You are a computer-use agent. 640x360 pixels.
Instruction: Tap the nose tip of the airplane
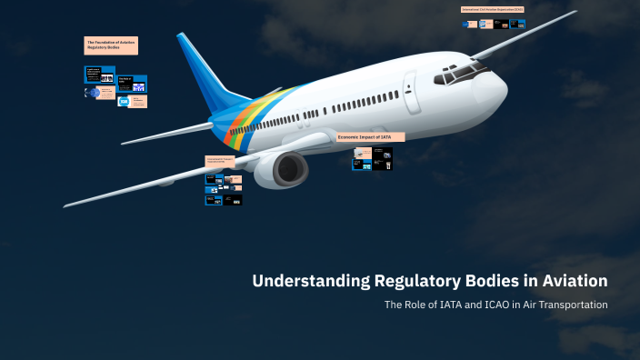coord(505,87)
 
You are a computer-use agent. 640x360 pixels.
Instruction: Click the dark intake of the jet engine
coord(291,169)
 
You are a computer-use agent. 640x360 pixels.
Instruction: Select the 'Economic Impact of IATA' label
coord(370,137)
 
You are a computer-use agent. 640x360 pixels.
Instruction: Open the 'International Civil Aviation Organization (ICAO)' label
coord(493,9)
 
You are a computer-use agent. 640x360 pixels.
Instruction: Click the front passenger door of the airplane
coord(413,92)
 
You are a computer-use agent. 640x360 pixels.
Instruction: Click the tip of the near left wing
coord(67,205)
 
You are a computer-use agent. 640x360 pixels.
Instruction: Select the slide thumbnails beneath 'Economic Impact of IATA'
coord(373,159)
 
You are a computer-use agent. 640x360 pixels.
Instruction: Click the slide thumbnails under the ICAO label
coord(493,23)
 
